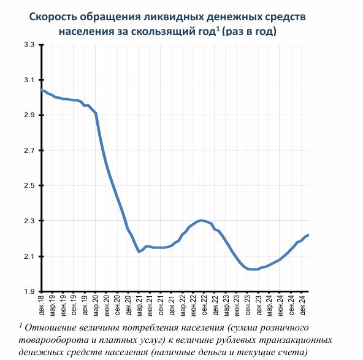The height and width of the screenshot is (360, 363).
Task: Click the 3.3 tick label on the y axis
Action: pyautogui.click(x=29, y=44)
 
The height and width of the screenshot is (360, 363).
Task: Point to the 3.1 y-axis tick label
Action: pyautogui.click(x=29, y=80)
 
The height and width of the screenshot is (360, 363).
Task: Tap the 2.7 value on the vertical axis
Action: pyautogui.click(x=29, y=150)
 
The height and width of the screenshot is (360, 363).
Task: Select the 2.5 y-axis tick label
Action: pyautogui.click(x=29, y=186)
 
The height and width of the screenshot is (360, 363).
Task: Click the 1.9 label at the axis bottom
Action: pyautogui.click(x=29, y=291)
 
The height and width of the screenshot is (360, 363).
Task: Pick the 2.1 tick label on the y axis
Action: pyautogui.click(x=29, y=256)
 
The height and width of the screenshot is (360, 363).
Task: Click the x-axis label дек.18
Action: pyautogui.click(x=42, y=305)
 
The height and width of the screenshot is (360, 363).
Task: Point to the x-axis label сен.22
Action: pyautogui.click(x=204, y=305)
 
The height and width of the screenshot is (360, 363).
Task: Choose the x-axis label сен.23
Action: pyautogui.click(x=248, y=305)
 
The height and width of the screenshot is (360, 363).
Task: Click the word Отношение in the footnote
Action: pyautogui.click(x=50, y=328)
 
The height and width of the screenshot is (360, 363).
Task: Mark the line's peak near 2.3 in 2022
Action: pyautogui.click(x=201, y=220)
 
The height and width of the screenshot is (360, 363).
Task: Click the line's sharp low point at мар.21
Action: pyautogui.click(x=139, y=251)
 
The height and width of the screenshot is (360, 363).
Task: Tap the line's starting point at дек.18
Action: pyautogui.click(x=42, y=90)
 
